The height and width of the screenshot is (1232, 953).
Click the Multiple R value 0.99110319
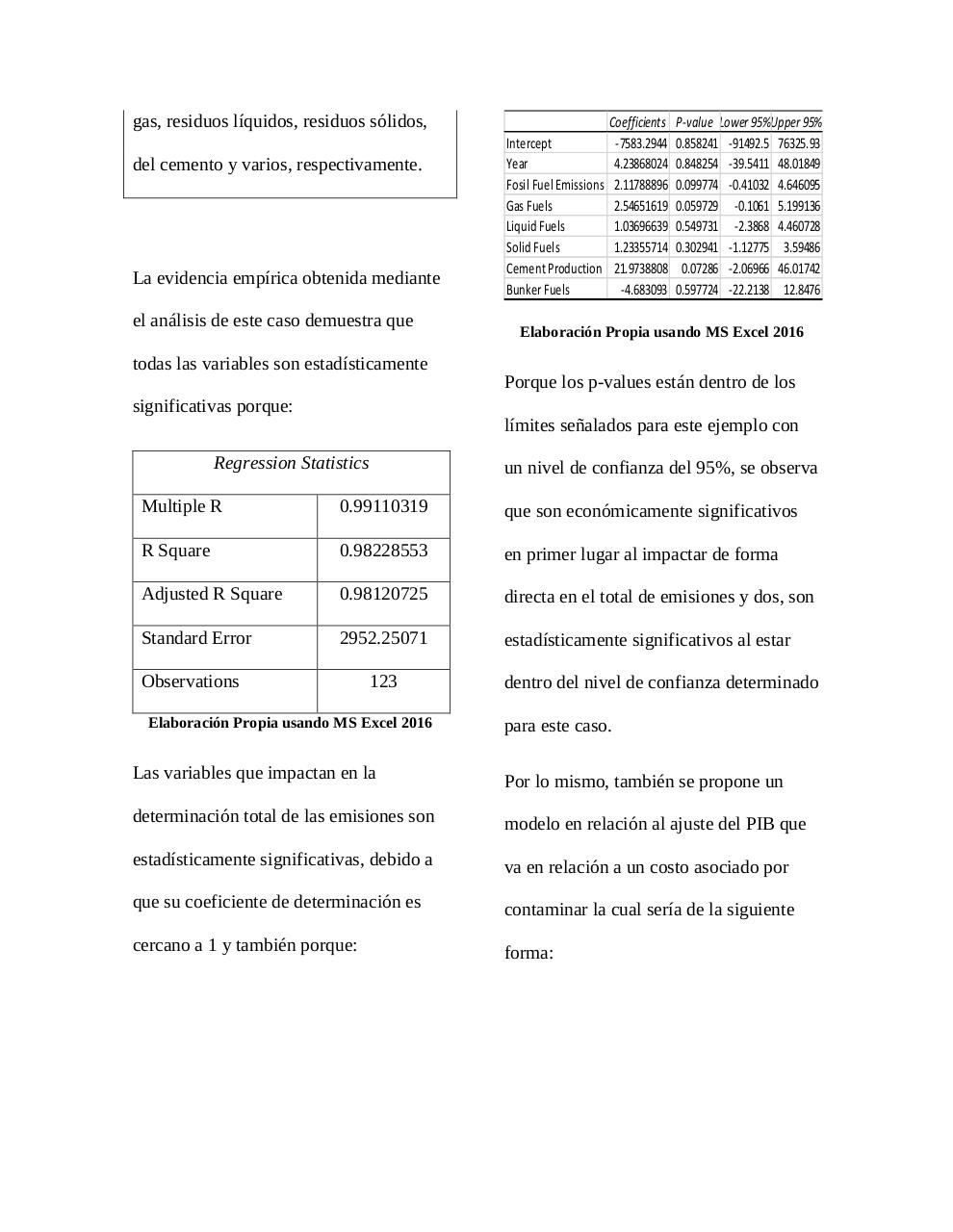pos(383,506)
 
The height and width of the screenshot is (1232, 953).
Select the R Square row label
pos(175,551)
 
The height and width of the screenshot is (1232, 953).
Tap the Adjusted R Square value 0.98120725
pos(383,594)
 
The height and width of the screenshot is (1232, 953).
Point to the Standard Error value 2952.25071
pos(383,638)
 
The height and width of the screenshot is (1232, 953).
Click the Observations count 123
pos(383,681)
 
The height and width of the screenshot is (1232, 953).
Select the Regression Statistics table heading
pos(291,463)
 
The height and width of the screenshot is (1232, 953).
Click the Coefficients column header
pos(637,122)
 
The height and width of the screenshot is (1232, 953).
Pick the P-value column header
pos(694,122)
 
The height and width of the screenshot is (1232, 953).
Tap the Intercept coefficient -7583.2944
pos(641,143)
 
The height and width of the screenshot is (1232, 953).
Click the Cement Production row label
pos(554,269)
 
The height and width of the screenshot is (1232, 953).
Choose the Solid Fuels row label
pos(532,247)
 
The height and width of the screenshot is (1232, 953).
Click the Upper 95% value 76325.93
pos(798,143)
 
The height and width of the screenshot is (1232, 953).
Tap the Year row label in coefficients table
pos(517,164)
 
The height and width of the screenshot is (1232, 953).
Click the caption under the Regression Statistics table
pos(290,723)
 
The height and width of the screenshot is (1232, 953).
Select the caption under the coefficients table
pos(661,332)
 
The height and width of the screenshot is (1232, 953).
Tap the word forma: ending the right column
pos(528,953)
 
